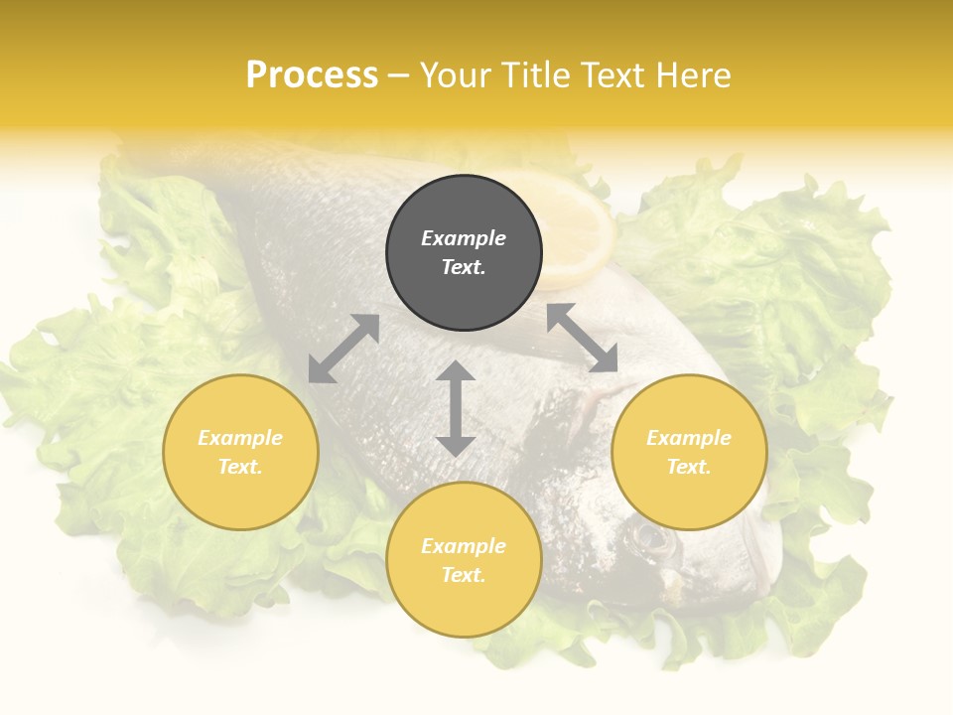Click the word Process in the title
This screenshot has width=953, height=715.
click(312, 75)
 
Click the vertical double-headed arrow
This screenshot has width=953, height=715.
click(456, 408)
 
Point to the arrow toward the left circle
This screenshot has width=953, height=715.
click(343, 349)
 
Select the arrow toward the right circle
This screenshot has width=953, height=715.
click(583, 338)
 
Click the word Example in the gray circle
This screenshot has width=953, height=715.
click(464, 238)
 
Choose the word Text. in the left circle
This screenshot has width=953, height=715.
click(240, 467)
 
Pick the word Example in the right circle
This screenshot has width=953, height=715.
click(689, 438)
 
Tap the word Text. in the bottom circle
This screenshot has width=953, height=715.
click(464, 575)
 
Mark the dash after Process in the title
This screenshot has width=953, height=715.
click(399, 76)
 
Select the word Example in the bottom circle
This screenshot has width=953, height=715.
click(464, 546)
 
